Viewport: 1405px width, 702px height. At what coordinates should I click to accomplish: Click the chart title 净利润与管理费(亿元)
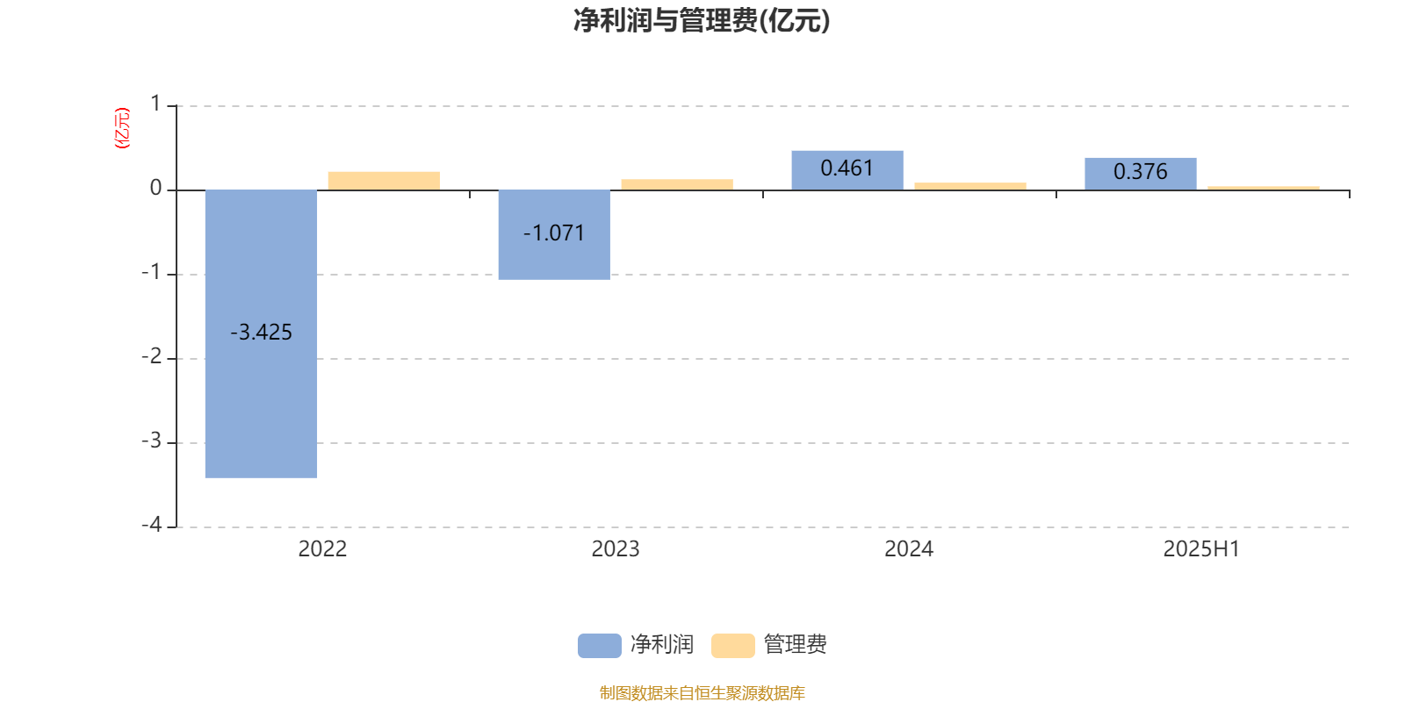[702, 21]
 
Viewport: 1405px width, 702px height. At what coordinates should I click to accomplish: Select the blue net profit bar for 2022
[261, 334]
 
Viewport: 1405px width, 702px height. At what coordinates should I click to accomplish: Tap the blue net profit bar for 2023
[554, 234]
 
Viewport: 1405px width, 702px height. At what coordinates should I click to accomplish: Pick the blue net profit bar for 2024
[847, 170]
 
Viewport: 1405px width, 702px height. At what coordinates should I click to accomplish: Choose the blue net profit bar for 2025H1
[1141, 175]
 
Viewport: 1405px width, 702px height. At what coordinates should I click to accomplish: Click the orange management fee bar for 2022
[384, 181]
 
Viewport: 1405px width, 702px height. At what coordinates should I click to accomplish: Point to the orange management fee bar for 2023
[677, 184]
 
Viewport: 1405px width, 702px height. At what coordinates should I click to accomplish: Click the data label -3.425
[261, 332]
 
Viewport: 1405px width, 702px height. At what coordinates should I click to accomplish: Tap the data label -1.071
[554, 233]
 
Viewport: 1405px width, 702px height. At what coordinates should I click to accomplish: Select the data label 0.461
[847, 168]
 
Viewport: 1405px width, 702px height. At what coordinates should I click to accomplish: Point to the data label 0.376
[1141, 171]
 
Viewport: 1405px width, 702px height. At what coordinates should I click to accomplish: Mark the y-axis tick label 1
[155, 104]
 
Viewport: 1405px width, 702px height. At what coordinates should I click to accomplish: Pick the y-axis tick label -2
[151, 356]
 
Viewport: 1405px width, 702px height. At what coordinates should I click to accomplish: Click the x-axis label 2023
[616, 549]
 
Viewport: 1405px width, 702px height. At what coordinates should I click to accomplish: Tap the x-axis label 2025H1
[1202, 549]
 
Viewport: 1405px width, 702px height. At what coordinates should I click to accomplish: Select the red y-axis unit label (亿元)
[122, 128]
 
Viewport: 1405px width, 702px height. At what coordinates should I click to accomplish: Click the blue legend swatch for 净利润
[600, 646]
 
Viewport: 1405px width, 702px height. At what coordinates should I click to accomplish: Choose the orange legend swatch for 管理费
[732, 646]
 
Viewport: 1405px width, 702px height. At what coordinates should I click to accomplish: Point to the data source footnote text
[702, 692]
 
